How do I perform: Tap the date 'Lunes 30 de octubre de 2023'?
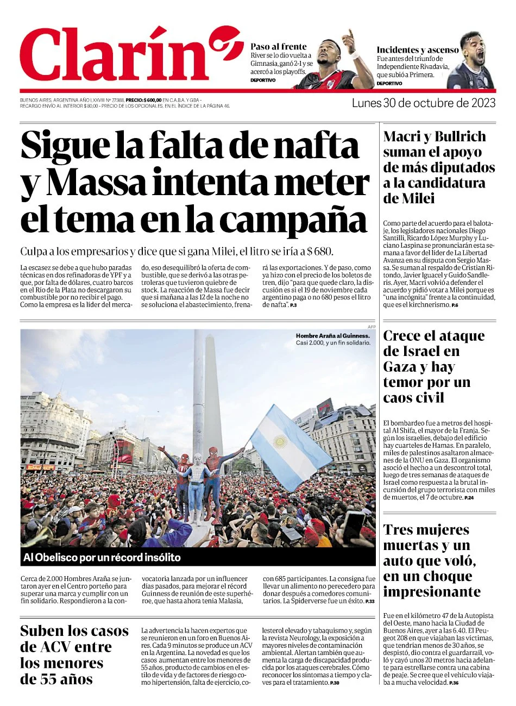pos(424,103)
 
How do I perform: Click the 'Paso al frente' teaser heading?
pos(278,47)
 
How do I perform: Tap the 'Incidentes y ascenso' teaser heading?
pos(418,50)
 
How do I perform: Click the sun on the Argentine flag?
pos(280,441)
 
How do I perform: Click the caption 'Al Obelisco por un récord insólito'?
pos(102,558)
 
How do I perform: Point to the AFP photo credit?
pos(372,327)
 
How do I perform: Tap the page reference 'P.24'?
pos(469,498)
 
